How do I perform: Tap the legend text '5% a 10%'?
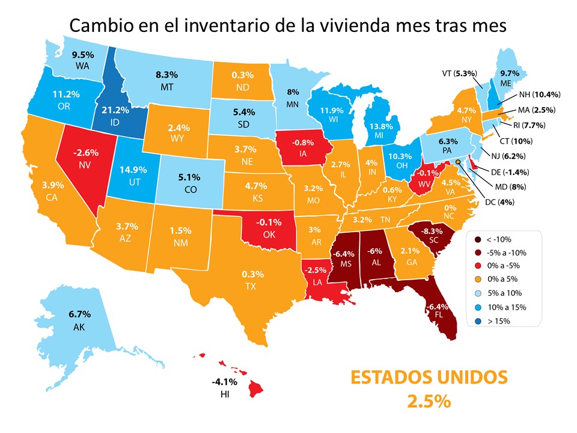(x=505, y=293)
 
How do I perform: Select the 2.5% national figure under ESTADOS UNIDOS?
(x=429, y=402)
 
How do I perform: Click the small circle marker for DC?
(x=458, y=162)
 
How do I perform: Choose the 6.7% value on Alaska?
(x=79, y=313)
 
